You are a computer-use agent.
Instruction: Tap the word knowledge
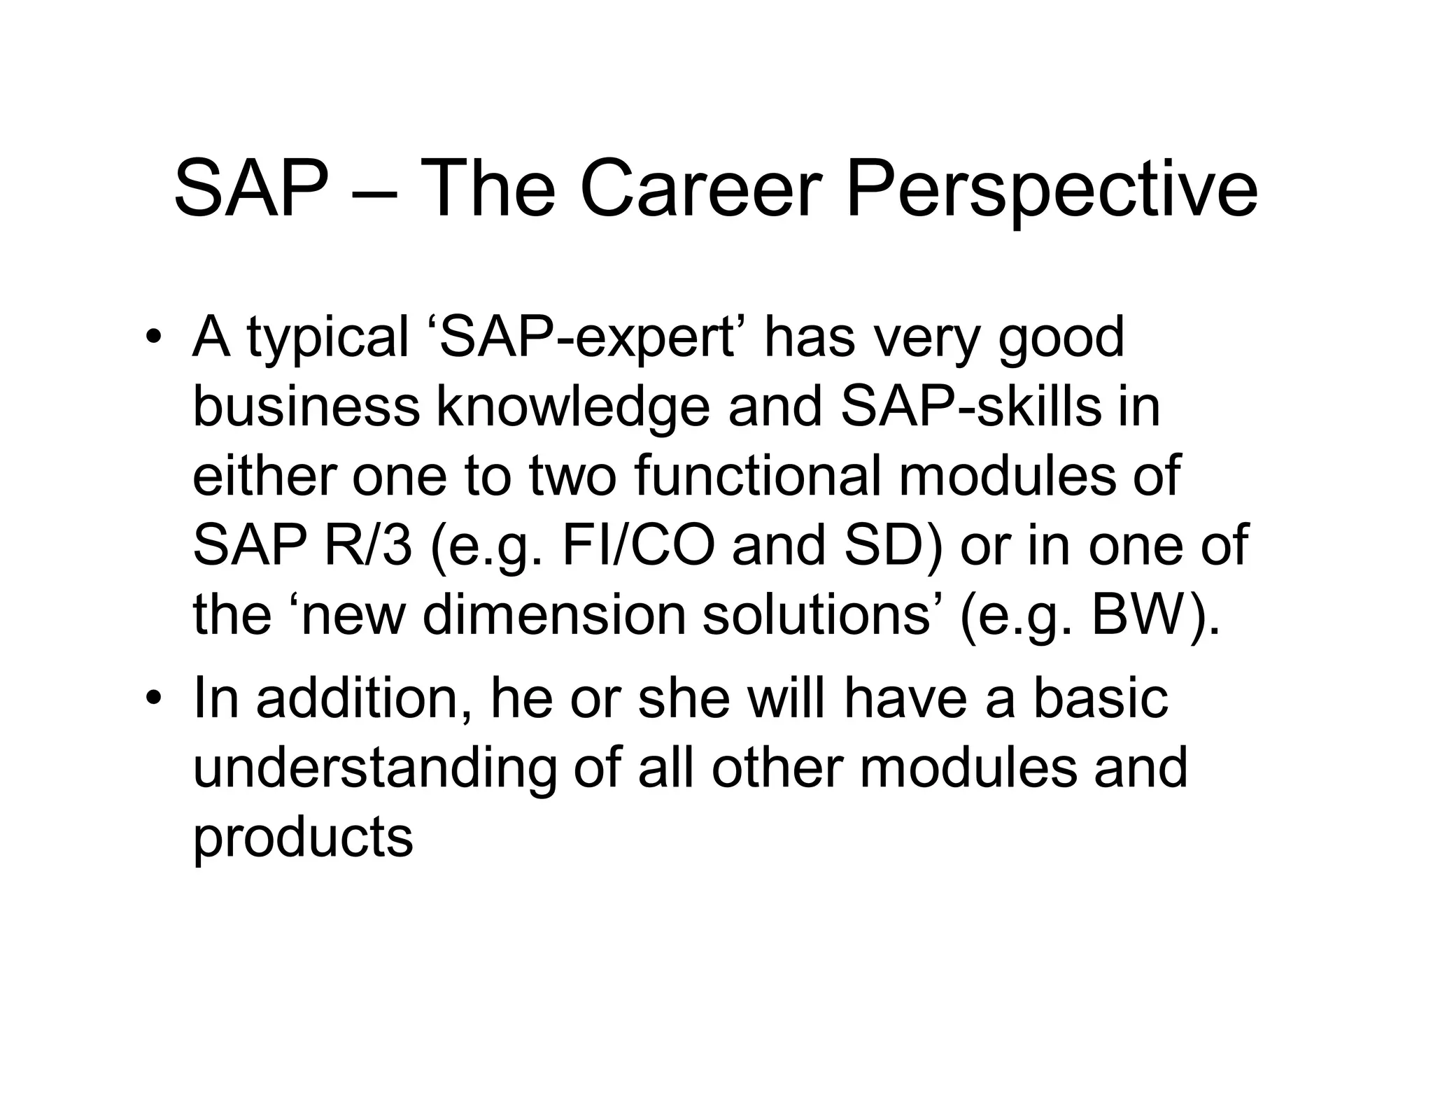pyautogui.click(x=572, y=409)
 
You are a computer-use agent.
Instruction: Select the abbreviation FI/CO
pyautogui.click(x=638, y=546)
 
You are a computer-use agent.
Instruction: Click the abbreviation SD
pyautogui.click(x=883, y=546)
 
